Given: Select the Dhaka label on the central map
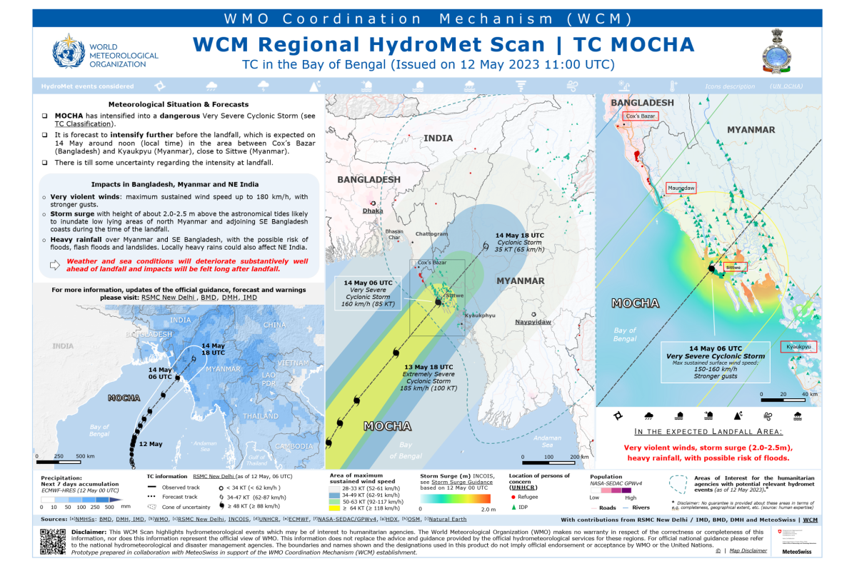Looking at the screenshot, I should click(x=373, y=211).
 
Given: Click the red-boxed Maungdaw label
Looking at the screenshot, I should click(x=680, y=188).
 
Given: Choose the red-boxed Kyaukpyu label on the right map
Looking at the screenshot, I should click(x=798, y=347).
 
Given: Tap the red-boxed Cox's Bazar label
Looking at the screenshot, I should click(x=641, y=116).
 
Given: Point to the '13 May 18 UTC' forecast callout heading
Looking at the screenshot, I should click(x=428, y=366).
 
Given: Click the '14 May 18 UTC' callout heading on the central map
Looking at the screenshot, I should click(x=520, y=235).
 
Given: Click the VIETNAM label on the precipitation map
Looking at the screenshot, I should click(x=294, y=363).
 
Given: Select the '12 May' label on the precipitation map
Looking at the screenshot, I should click(x=151, y=444).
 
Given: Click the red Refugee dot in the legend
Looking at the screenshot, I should click(x=513, y=495).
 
